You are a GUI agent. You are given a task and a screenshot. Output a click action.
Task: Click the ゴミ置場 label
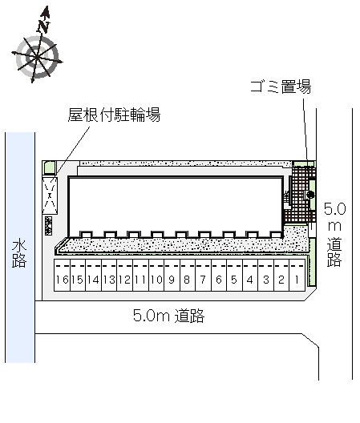[281, 87]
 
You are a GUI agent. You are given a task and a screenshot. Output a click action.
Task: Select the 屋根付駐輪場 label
[114, 115]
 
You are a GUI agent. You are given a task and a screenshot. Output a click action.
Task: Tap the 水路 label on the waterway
[19, 254]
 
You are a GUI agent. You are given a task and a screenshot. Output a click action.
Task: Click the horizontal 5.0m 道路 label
[169, 316]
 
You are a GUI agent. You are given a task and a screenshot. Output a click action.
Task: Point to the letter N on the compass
[43, 26]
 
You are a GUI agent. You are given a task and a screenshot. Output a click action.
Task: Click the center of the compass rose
[36, 57]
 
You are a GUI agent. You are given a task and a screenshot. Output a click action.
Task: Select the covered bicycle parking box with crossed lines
[50, 195]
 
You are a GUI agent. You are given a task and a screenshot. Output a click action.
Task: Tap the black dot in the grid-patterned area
[310, 194]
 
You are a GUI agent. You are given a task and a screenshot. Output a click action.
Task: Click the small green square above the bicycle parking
[50, 167]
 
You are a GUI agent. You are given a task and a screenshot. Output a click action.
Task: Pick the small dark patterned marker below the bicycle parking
[49, 226]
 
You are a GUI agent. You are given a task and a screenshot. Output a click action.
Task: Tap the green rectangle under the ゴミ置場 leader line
[304, 163]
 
